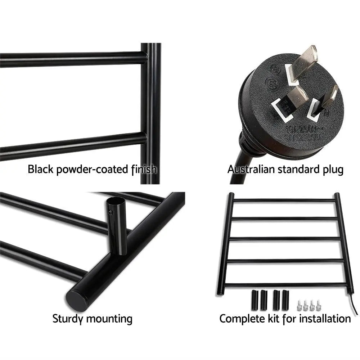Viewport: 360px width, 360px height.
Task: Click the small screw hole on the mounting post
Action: (111, 213)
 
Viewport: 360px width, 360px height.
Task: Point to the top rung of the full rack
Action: (284, 201)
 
